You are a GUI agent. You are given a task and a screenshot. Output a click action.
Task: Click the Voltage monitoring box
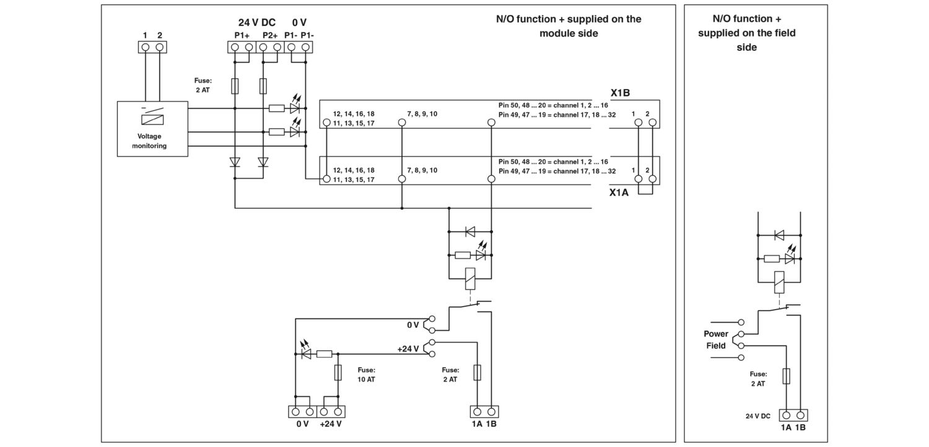coord(152,129)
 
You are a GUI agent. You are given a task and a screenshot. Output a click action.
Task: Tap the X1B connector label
coord(620,93)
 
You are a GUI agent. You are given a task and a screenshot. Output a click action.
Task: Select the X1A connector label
coord(619,193)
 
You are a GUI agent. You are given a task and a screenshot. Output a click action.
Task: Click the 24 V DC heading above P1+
coord(257,22)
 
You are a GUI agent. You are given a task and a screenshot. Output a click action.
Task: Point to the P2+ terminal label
coord(270,36)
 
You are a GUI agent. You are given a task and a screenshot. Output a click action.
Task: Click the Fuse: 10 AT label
coord(367,375)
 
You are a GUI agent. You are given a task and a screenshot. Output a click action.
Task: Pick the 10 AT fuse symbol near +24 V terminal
coord(338,373)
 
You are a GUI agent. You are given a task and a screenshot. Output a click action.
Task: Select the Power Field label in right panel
coord(716,340)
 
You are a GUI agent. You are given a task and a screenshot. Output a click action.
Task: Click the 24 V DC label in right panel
coord(757,416)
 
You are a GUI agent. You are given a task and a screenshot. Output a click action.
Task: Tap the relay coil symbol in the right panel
coord(779,282)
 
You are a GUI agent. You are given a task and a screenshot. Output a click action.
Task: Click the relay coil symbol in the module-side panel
coord(470,279)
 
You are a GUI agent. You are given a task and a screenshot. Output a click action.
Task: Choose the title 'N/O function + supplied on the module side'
coord(569,26)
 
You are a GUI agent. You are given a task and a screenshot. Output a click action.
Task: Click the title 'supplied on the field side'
coord(746,40)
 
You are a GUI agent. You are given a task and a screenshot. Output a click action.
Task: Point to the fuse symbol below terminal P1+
coord(235,86)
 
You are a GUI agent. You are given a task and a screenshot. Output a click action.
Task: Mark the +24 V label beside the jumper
coord(408,349)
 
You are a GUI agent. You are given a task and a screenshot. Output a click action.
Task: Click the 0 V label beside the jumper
coord(412,325)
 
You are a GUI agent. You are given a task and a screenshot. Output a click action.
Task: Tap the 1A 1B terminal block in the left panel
coord(484,412)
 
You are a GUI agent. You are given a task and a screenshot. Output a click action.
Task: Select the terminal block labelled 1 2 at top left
coord(152,47)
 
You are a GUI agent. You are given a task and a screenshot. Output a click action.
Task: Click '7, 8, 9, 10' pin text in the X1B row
coord(422,114)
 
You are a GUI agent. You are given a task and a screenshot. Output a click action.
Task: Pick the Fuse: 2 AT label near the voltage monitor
coord(203,85)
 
